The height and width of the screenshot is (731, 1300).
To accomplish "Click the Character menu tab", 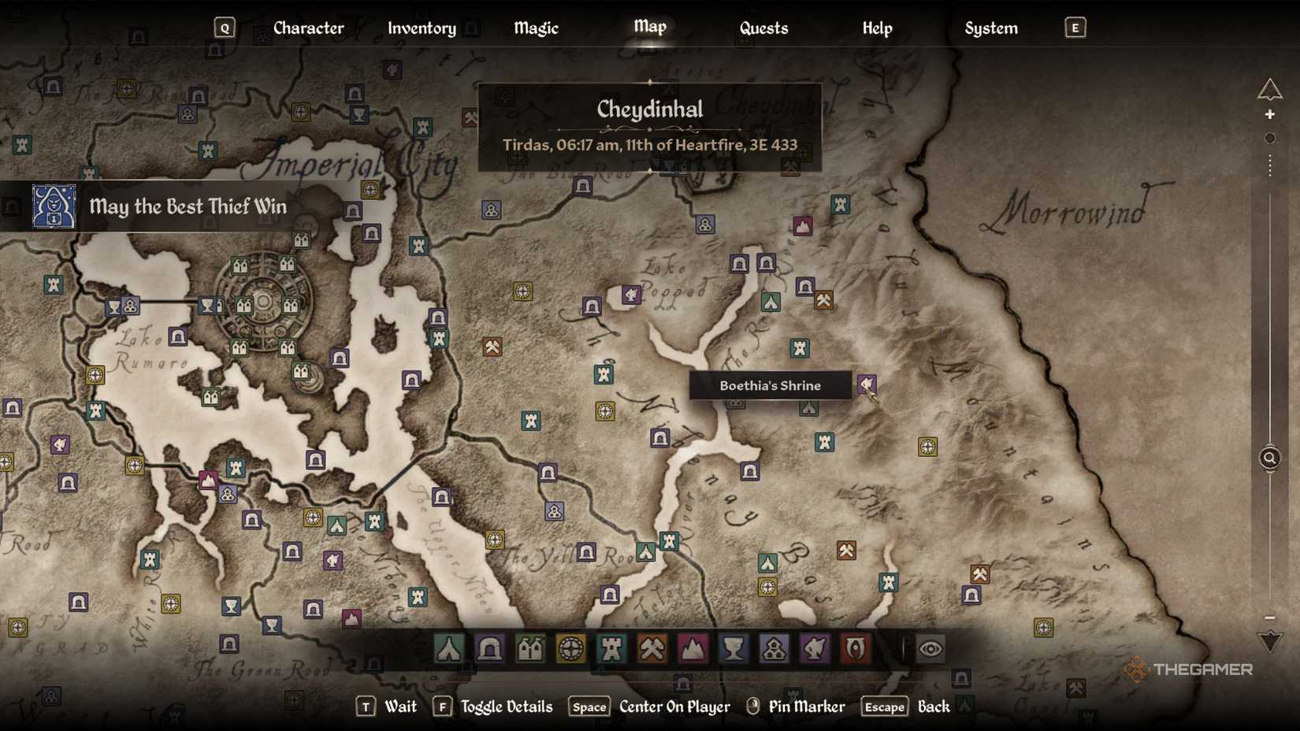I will [x=308, y=28].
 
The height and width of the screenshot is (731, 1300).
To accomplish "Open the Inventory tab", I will [x=422, y=28].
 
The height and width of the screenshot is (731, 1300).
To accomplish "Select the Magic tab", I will [x=536, y=28].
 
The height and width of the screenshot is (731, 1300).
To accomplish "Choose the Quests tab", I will [x=763, y=28].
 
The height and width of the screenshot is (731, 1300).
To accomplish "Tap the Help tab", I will [x=877, y=28].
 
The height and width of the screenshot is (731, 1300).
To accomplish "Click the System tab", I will [x=990, y=28].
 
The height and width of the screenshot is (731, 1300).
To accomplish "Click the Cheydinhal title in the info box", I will [x=649, y=109].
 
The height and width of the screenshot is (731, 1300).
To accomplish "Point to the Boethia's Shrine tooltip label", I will [x=770, y=385].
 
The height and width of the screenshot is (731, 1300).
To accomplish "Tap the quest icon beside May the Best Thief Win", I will [x=54, y=206].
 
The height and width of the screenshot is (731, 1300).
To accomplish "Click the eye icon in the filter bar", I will [x=930, y=649].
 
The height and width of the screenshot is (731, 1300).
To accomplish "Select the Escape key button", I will [x=884, y=707].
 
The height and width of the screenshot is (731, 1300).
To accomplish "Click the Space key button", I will [x=589, y=707].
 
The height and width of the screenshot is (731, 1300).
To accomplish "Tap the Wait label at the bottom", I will [x=400, y=707].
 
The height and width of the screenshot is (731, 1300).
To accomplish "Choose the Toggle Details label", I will [x=507, y=707].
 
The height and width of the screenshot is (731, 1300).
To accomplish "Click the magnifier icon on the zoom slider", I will [x=1269, y=458].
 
